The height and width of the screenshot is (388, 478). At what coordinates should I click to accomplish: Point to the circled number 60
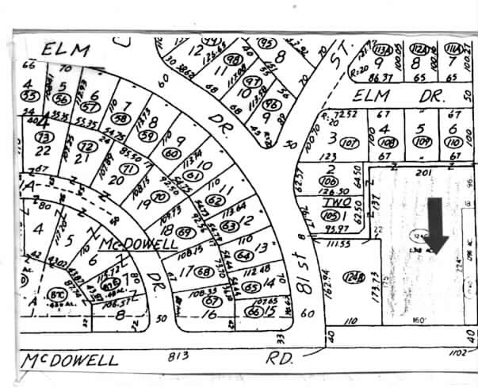point(170,153)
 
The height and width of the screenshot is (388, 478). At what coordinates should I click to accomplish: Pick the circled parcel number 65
point(252,287)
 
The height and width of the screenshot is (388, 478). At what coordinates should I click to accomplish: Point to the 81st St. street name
point(303,262)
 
